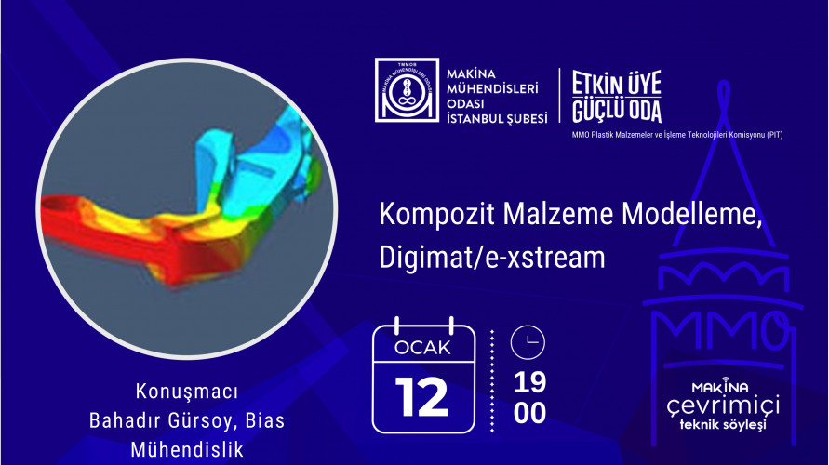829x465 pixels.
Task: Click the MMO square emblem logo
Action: pyautogui.click(x=407, y=90)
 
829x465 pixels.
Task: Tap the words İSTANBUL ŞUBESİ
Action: pyautogui.click(x=497, y=119)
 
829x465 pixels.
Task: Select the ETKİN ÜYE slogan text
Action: pyautogui.click(x=617, y=84)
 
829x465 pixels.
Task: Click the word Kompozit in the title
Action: pyautogui.click(x=436, y=214)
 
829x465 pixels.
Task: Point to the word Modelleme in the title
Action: pyautogui.click(x=691, y=214)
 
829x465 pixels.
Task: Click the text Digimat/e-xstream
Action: pyautogui.click(x=492, y=258)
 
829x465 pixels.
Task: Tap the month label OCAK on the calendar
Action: pyautogui.click(x=423, y=348)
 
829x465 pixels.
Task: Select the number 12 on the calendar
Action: pyautogui.click(x=421, y=397)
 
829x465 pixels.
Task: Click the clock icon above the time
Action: pyautogui.click(x=528, y=342)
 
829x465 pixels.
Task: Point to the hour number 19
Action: pyautogui.click(x=529, y=382)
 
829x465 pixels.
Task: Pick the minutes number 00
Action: pyautogui.click(x=529, y=413)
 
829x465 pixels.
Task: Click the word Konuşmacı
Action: pyautogui.click(x=187, y=392)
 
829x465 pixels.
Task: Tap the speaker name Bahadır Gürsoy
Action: pyautogui.click(x=161, y=420)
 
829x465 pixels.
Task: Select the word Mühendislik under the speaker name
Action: pyautogui.click(x=187, y=450)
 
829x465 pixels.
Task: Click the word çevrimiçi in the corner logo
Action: pyautogui.click(x=723, y=406)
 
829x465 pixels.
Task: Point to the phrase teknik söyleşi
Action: pyautogui.click(x=723, y=424)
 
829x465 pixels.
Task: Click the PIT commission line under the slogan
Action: pyautogui.click(x=677, y=135)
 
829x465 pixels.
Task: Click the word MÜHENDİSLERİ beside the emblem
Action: pyautogui.click(x=492, y=88)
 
